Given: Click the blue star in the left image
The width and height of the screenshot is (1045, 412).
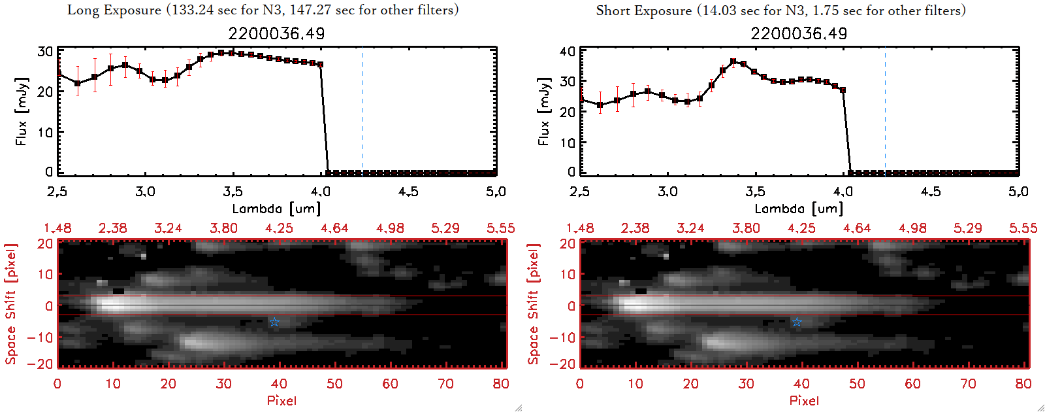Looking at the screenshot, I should (274, 322).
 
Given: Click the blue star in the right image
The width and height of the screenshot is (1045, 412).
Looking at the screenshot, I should (797, 322).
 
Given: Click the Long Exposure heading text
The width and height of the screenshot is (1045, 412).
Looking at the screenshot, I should (263, 10).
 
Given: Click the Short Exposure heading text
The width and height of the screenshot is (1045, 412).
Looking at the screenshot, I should (780, 10).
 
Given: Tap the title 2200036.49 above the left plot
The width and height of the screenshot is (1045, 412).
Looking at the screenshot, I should (276, 33).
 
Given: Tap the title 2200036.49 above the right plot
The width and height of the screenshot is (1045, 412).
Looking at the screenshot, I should (799, 33).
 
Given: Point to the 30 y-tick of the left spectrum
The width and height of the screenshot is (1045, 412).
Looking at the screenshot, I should (45, 52).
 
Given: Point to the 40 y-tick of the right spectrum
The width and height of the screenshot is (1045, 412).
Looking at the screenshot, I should (568, 52).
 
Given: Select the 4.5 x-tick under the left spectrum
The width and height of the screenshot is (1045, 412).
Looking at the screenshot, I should (408, 192).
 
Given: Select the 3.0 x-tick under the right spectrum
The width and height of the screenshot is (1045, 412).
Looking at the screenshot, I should (667, 192).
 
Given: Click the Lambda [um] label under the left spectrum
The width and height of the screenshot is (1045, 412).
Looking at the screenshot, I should (276, 209).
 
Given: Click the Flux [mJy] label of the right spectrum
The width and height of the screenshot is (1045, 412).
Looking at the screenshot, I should (543, 111).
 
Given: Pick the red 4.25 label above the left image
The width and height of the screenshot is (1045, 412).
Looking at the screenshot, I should (279, 228).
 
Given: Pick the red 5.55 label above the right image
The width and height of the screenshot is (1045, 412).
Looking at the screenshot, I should (1023, 228).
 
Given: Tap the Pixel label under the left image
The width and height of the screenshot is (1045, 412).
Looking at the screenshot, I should (281, 400).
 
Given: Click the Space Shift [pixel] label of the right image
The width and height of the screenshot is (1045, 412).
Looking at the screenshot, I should (533, 304).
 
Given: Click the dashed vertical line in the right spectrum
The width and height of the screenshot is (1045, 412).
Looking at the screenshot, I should (885, 111).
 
